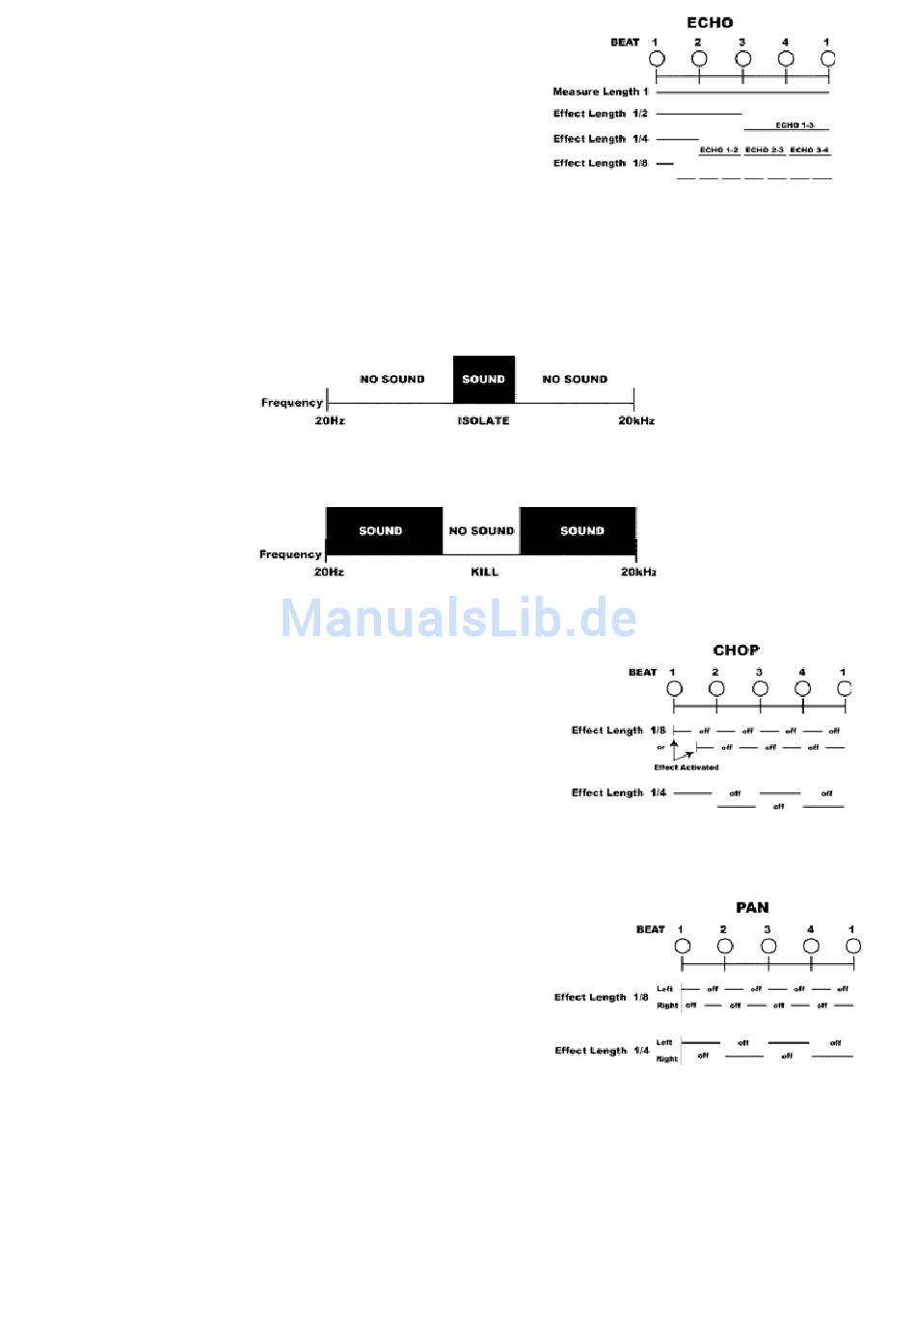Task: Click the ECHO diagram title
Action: pyautogui.click(x=710, y=22)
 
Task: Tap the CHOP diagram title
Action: pyautogui.click(x=736, y=651)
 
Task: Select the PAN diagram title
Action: pyautogui.click(x=752, y=907)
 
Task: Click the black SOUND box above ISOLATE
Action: pyautogui.click(x=483, y=379)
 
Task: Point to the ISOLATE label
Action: pyautogui.click(x=483, y=421)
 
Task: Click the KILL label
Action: pyautogui.click(x=484, y=572)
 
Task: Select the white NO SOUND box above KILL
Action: pyautogui.click(x=481, y=530)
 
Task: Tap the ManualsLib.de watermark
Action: pyautogui.click(x=459, y=618)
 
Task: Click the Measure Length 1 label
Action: pyautogui.click(x=600, y=92)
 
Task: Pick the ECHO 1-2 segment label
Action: pyautogui.click(x=718, y=150)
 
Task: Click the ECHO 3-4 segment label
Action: pyautogui.click(x=809, y=150)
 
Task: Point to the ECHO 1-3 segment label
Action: pyautogui.click(x=795, y=125)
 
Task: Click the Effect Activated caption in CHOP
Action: pyautogui.click(x=686, y=767)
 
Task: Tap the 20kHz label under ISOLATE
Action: pyautogui.click(x=636, y=421)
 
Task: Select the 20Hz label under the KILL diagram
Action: pyautogui.click(x=329, y=572)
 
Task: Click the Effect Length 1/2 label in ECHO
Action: pyautogui.click(x=600, y=114)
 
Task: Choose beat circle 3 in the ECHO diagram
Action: pyautogui.click(x=742, y=59)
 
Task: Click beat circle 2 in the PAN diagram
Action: pyautogui.click(x=725, y=947)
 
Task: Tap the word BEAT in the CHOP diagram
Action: pyautogui.click(x=642, y=672)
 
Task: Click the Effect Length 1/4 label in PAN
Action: pyautogui.click(x=602, y=1051)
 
